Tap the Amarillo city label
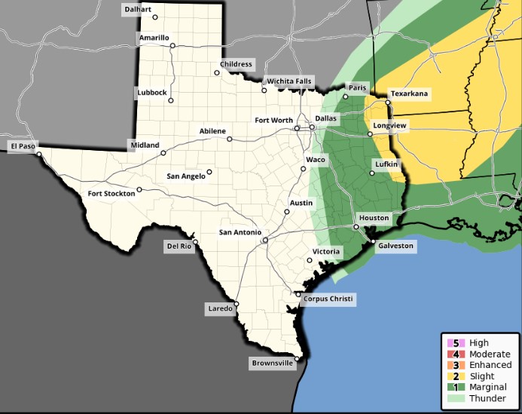point(154,37)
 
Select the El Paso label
point(22,146)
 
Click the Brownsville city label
point(271,363)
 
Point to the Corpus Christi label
point(328,299)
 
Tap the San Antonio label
point(240,232)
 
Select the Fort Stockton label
point(111,194)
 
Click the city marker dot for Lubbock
point(170,100)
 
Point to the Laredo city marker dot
point(237,305)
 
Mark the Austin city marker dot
point(286,212)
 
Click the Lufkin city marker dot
point(371,173)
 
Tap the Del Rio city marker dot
point(195,242)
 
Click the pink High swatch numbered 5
point(455,343)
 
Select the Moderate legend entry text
point(489,354)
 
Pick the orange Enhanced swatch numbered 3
point(455,365)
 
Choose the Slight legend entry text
point(482,376)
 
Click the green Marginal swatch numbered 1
point(455,387)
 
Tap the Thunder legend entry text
point(487,397)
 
